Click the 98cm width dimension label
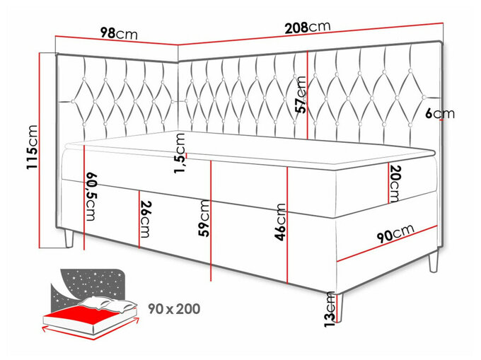[x=119, y=34]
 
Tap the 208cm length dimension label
[x=308, y=27]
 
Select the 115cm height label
[x=32, y=146]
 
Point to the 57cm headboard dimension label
[x=301, y=95]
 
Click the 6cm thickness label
[x=439, y=114]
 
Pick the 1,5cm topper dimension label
[x=180, y=153]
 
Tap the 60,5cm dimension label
[x=91, y=197]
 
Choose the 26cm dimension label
[x=146, y=219]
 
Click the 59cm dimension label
[x=204, y=218]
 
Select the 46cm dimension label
[x=280, y=222]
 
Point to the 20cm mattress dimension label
[x=395, y=184]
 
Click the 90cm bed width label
[x=395, y=233]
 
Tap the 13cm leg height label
[x=330, y=309]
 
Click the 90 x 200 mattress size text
[x=174, y=309]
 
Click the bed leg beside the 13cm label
[x=340, y=307]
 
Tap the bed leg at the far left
[x=69, y=238]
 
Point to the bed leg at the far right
[x=434, y=261]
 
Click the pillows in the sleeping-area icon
[x=108, y=305]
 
